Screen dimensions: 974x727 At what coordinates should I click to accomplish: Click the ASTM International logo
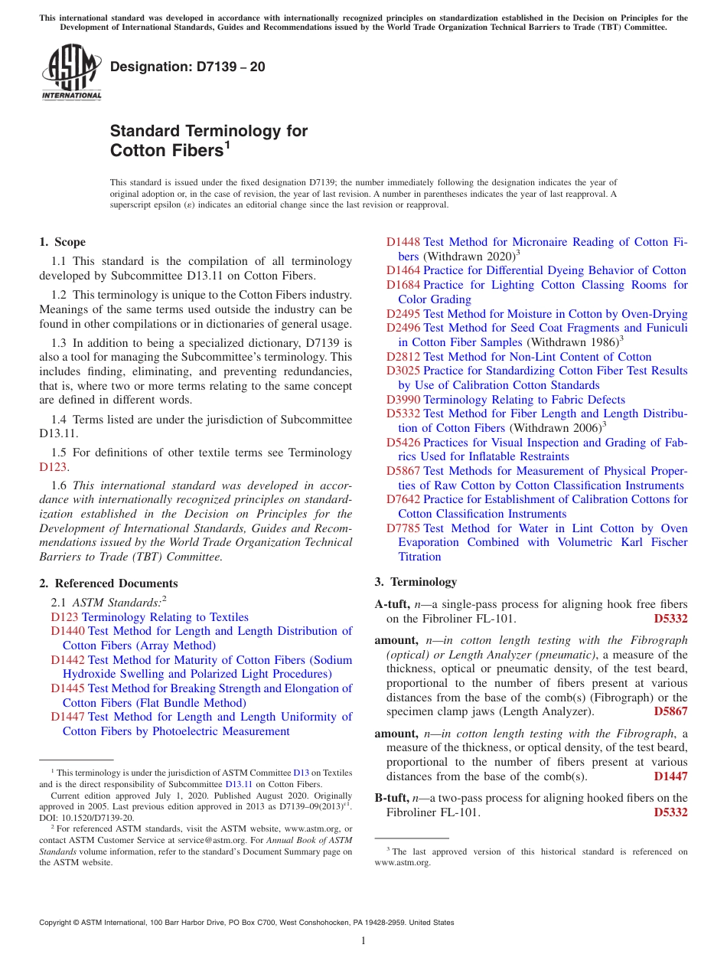(70, 73)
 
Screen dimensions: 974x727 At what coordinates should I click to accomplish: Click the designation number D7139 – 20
(187, 67)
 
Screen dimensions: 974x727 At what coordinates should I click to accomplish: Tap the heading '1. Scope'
(62, 242)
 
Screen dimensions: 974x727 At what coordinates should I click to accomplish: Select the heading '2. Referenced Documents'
(109, 583)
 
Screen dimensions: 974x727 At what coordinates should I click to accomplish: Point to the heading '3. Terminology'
(416, 582)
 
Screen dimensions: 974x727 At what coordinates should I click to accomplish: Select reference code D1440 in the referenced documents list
(68, 631)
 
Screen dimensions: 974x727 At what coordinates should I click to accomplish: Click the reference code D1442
(68, 660)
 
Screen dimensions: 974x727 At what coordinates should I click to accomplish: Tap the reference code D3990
(403, 400)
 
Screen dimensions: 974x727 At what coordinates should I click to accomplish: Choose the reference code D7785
(403, 528)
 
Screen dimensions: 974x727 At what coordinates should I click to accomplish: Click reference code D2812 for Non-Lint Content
(403, 357)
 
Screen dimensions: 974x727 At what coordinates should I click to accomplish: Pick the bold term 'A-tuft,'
(393, 604)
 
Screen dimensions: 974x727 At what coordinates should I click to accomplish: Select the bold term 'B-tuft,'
(393, 798)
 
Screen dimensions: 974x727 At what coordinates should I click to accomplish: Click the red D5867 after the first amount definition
(670, 711)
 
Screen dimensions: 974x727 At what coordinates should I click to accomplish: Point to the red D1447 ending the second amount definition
(670, 776)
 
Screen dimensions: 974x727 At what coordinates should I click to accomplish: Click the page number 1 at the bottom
(363, 941)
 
